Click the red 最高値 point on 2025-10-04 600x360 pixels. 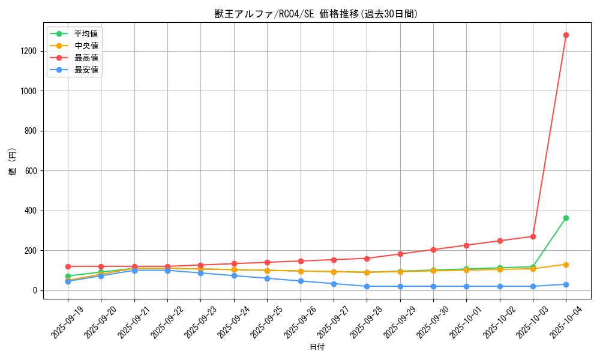566,35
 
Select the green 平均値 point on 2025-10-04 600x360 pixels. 566,218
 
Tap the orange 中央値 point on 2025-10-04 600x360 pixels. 566,265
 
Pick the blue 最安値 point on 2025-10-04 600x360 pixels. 566,284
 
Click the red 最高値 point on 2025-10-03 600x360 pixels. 533,236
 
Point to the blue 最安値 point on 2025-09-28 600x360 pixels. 367,286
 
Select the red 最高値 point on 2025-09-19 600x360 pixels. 68,266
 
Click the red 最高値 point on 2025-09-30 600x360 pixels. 433,250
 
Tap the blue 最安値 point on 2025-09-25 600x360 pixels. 267,278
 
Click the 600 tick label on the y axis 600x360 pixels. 31,171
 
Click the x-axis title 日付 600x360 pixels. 317,347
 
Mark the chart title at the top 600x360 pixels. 317,14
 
